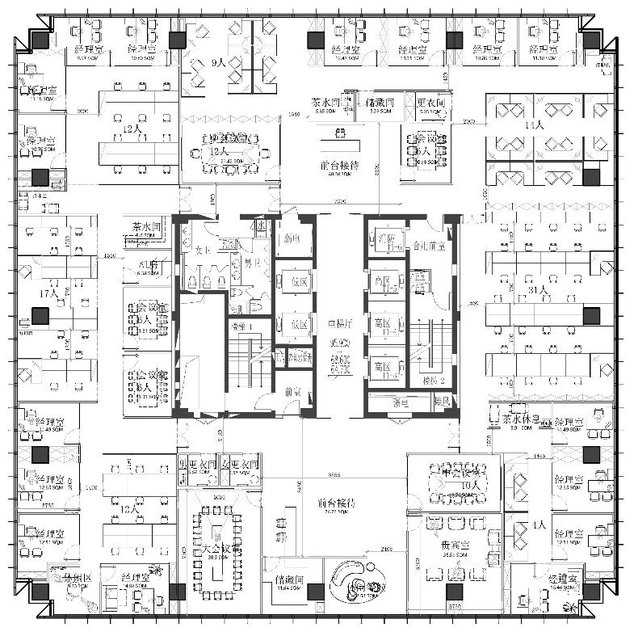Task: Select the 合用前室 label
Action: pos(429,245)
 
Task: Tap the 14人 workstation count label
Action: pos(534,125)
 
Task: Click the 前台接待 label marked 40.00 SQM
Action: pos(339,165)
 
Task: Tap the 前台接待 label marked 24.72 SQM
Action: pos(338,503)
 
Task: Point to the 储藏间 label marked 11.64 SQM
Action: pos(288,579)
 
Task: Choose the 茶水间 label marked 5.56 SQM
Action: pos(329,103)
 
